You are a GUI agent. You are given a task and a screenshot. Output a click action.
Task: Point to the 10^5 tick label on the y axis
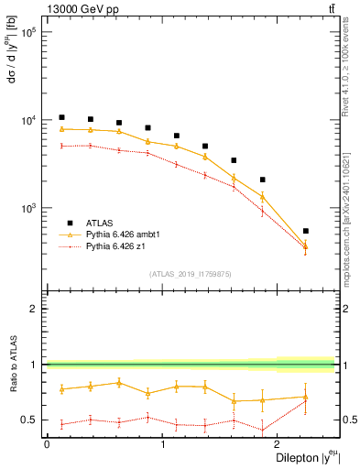pos(27,32)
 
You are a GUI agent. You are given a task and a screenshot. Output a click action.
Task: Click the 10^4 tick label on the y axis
pos(27,120)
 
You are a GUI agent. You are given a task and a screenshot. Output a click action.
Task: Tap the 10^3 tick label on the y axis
pos(27,208)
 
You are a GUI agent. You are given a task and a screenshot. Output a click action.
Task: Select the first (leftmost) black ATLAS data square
pos(61,117)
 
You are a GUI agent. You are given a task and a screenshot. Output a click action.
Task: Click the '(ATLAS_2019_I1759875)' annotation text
pos(191,273)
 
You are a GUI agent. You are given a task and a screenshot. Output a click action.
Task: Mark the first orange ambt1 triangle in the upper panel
pos(61,129)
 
